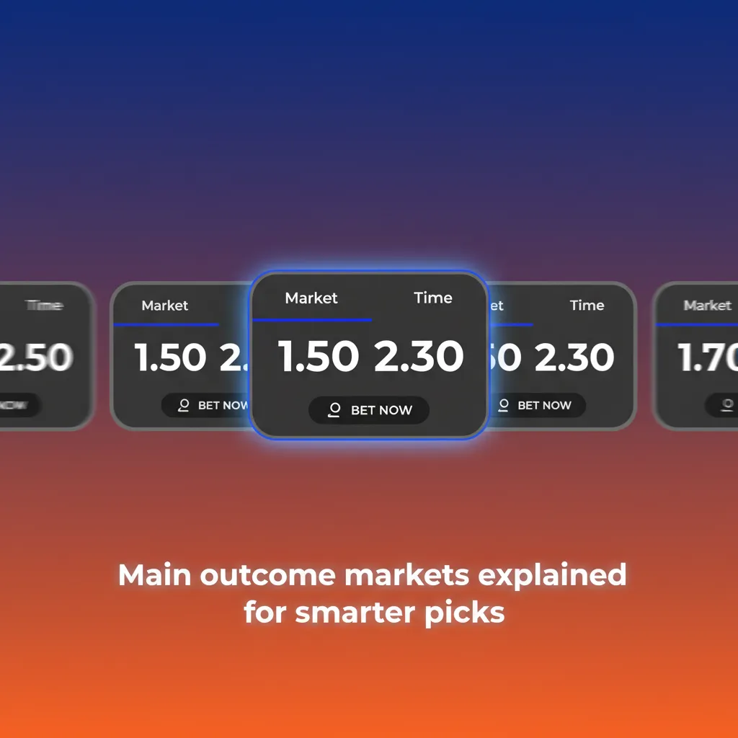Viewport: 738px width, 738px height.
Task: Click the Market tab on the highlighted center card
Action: (311, 298)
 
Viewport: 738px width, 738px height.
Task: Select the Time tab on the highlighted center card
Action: (433, 298)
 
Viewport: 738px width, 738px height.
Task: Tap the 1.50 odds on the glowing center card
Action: (319, 357)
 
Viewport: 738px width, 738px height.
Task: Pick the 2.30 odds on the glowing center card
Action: (419, 357)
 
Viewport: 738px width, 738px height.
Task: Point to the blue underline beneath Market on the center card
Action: (313, 320)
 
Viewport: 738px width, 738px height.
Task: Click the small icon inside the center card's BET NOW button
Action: (334, 410)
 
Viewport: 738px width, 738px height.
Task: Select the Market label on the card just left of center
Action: (165, 306)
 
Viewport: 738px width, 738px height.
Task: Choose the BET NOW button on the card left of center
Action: (205, 405)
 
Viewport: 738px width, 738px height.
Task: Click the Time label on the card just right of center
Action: (587, 306)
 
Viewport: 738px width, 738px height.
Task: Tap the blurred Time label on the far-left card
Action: (45, 306)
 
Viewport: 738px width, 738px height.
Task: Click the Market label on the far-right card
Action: (707, 306)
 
